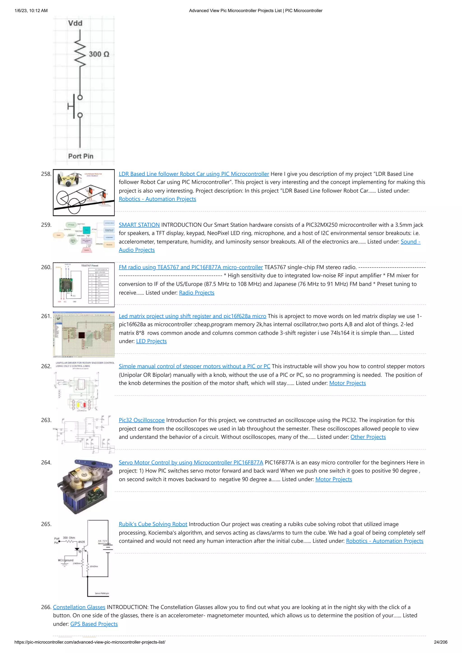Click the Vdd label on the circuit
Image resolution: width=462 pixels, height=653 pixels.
coord(75,23)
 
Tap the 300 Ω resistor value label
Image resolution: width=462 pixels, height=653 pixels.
coord(99,54)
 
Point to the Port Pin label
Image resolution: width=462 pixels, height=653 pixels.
coord(81,156)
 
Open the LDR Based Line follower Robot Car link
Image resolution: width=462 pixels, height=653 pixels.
coord(194,174)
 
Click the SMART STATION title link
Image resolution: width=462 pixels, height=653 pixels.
coord(139,225)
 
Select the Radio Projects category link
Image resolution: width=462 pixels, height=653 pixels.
coord(196,293)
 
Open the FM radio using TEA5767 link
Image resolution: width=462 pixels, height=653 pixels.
coord(190,267)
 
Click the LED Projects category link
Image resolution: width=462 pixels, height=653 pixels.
coord(151,341)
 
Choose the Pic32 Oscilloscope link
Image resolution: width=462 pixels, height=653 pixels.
coord(141,420)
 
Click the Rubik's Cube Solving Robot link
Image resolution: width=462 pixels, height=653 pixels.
coord(153,524)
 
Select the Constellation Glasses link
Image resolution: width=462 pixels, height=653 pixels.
coord(79,607)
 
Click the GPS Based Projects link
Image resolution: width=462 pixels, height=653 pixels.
coord(94,624)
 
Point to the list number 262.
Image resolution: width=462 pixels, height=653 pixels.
coord(46,366)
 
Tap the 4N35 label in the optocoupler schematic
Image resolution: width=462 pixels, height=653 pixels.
coord(81,542)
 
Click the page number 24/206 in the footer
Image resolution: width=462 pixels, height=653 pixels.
coord(440,642)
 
